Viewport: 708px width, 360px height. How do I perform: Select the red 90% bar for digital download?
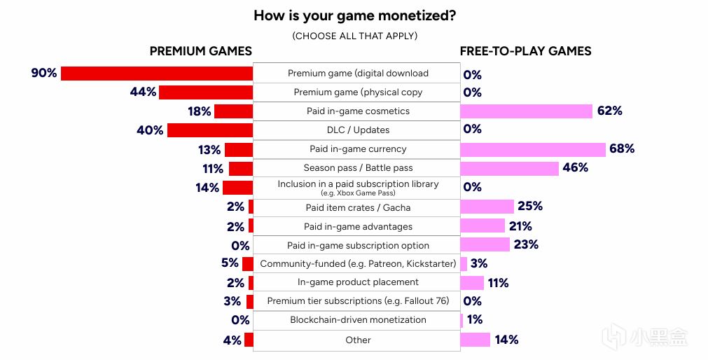pos(157,74)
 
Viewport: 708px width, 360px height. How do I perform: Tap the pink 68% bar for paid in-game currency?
pos(532,149)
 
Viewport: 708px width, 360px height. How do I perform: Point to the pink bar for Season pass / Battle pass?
pos(509,168)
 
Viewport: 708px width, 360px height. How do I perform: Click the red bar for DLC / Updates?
pos(210,130)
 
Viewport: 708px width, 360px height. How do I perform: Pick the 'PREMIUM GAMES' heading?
pos(201,51)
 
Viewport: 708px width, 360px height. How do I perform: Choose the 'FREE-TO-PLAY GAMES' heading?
pos(525,51)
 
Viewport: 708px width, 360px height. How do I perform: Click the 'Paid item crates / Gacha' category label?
pos(358,208)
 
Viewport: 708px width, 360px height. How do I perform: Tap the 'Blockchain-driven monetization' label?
pos(358,320)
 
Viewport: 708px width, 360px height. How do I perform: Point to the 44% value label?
pos(143,92)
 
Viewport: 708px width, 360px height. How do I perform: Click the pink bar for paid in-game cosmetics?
pos(526,111)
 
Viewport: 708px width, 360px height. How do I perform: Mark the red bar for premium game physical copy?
pos(206,92)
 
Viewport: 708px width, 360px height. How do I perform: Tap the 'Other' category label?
pos(358,340)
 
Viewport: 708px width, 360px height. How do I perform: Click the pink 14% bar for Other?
pos(475,340)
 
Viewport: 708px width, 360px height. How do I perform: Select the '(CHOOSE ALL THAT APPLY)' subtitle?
pos(354,36)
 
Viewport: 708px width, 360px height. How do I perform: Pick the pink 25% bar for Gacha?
pos(487,207)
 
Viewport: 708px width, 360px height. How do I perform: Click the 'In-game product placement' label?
pos(358,282)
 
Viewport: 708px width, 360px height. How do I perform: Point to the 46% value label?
pos(575,168)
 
